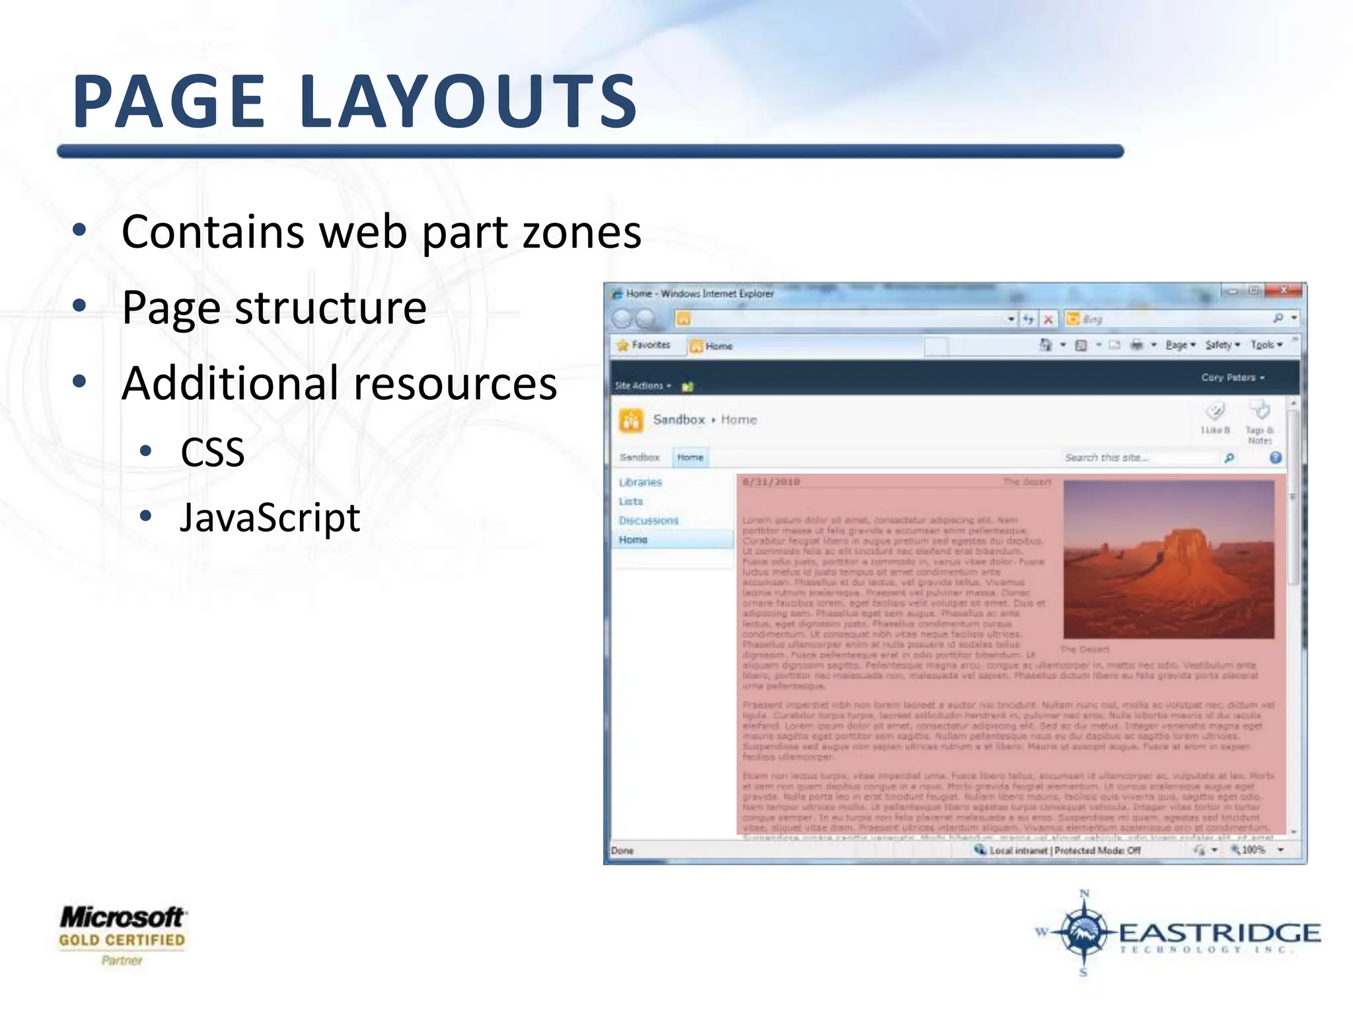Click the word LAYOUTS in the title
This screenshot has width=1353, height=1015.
coord(468,102)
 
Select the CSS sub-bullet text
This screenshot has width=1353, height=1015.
coord(213,453)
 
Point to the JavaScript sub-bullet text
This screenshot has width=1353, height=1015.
coord(270,517)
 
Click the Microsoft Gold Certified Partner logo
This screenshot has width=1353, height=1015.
coord(122,934)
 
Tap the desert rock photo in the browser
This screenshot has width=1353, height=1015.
coord(1168,559)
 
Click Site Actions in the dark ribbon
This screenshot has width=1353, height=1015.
coord(640,386)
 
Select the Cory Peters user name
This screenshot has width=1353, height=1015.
coord(1229,378)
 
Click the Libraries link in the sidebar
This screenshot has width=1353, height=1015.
coord(640,482)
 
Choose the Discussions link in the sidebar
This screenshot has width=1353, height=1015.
coord(648,521)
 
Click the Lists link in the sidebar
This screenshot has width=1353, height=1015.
coord(631,502)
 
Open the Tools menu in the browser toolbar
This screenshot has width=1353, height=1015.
coord(1264,345)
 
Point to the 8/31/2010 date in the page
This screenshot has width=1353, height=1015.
coord(771,482)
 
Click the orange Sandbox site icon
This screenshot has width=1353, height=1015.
coord(631,420)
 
